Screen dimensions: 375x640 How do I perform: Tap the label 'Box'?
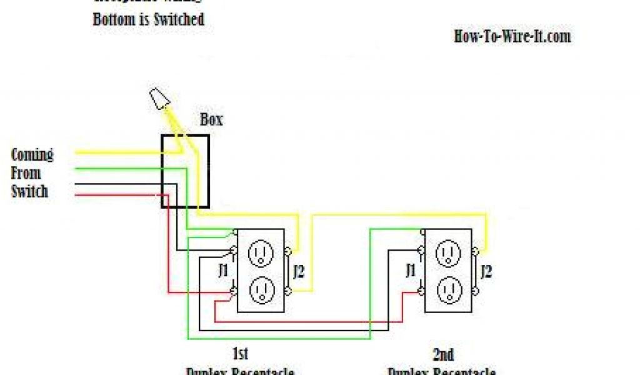click(x=211, y=119)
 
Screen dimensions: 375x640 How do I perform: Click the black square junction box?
click(x=186, y=171)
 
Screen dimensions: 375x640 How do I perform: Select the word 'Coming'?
click(x=32, y=154)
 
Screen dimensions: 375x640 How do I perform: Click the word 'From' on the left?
click(x=26, y=172)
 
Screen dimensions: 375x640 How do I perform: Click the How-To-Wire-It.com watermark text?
click(x=512, y=36)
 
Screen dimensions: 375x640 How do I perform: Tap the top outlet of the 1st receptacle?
click(x=260, y=252)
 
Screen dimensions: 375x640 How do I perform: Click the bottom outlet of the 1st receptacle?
click(x=260, y=289)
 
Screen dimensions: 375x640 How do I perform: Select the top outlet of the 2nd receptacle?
click(x=447, y=252)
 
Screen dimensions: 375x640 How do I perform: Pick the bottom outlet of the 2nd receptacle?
click(x=447, y=289)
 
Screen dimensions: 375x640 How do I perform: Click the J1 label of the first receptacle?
click(x=223, y=271)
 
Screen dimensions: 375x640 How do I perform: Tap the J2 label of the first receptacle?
click(x=299, y=271)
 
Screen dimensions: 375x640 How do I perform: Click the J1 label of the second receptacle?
click(x=411, y=271)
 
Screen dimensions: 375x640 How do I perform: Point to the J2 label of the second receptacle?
click(x=487, y=271)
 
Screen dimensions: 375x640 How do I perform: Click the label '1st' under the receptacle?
click(x=241, y=354)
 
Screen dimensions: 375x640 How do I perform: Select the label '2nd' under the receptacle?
click(x=443, y=355)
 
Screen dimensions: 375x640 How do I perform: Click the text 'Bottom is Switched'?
click(x=149, y=19)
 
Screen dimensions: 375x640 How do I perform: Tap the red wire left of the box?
click(x=119, y=196)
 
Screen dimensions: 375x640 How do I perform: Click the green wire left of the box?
click(x=119, y=168)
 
